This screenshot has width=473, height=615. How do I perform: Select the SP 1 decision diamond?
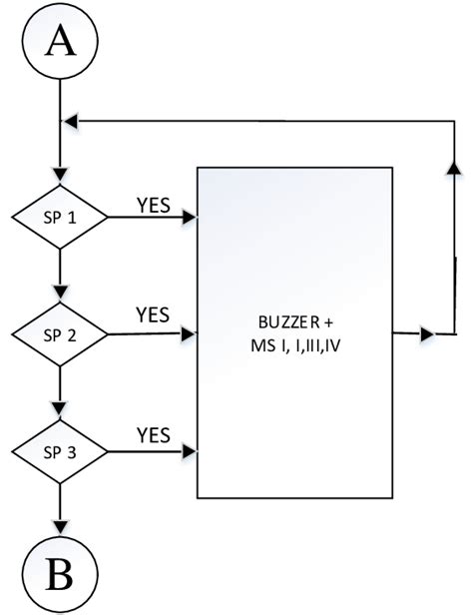pos(61,215)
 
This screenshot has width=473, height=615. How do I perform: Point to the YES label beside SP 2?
pos(153,315)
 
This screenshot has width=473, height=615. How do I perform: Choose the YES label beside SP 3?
pos(153,434)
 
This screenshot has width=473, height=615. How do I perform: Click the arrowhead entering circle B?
pos(61,525)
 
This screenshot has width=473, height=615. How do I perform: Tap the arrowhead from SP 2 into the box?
pos(190,333)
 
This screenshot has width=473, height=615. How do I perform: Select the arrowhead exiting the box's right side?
pos(427,333)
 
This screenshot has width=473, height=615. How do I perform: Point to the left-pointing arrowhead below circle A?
pos(70,121)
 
